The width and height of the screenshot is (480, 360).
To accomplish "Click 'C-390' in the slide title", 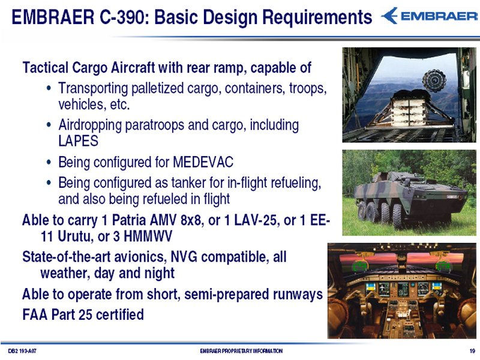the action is (122, 17).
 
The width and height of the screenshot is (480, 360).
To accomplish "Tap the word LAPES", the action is (79, 141).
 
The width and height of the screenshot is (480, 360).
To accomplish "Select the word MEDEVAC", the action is (203, 162).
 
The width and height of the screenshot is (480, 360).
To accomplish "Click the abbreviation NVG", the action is (184, 257).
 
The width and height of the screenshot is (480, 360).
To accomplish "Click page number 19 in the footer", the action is (472, 351).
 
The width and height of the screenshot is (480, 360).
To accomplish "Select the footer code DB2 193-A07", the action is (22, 351).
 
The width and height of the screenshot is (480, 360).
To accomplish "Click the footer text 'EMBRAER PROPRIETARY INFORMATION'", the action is (241, 351).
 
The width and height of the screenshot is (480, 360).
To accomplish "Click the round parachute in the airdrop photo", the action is (434, 80).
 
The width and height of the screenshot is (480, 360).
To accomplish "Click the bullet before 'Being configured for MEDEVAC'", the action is (49, 162).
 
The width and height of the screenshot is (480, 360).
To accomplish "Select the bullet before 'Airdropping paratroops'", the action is (49, 125).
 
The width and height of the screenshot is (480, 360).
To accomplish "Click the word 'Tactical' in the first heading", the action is (46, 67).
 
